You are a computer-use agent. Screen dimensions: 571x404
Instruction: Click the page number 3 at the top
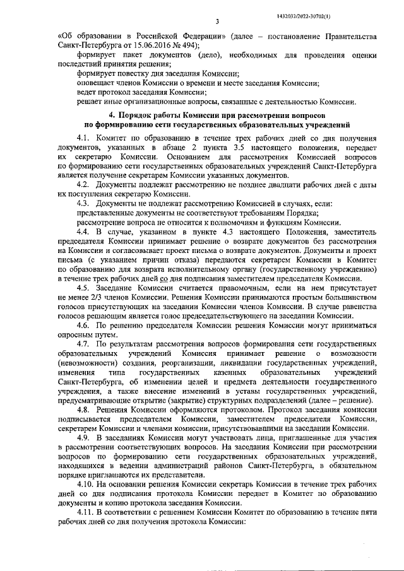[x=216, y=21]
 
